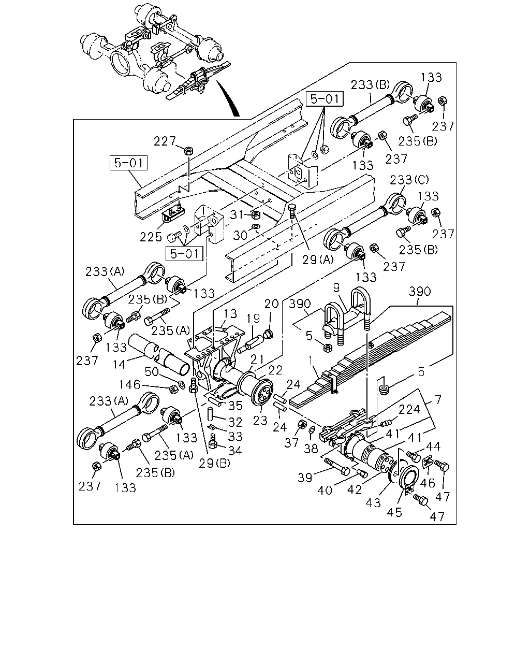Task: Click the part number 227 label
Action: (165, 141)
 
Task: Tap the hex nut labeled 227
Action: (188, 151)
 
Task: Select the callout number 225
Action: (151, 237)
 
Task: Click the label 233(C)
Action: (409, 180)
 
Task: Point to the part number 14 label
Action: (119, 365)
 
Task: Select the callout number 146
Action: (129, 384)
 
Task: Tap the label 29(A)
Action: (318, 260)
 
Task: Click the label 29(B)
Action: (214, 463)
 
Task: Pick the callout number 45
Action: (394, 512)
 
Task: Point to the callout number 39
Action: (305, 478)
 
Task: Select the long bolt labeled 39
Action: (336, 467)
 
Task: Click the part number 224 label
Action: (409, 409)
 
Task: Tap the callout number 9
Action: (336, 287)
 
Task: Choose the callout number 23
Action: (260, 420)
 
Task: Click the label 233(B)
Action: (371, 84)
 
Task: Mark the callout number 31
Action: (237, 214)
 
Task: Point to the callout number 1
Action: (311, 359)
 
